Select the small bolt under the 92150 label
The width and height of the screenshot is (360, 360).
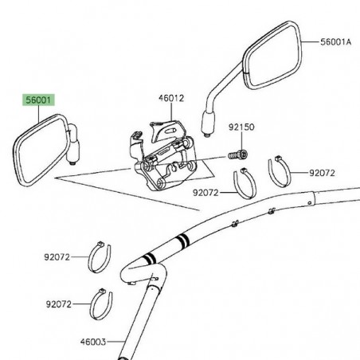pyautogui.click(x=237, y=154)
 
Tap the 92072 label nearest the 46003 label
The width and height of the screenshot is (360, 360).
pyautogui.click(x=59, y=304)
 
